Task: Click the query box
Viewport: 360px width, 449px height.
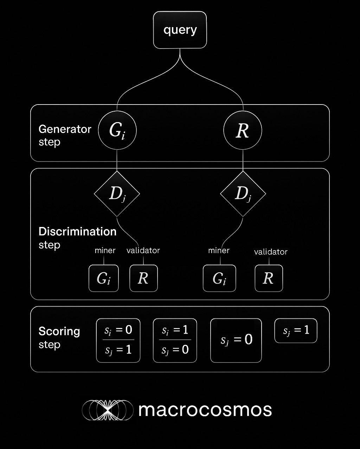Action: [x=180, y=30]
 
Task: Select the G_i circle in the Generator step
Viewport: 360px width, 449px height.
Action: [x=117, y=131]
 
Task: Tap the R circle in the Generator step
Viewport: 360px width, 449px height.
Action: [x=243, y=131]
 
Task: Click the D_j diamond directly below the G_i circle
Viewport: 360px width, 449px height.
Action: [x=117, y=194]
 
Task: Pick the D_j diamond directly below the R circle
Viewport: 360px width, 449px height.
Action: [x=243, y=194]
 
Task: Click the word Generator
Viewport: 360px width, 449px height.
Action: [x=65, y=129]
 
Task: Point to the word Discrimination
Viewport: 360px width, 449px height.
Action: [x=77, y=232]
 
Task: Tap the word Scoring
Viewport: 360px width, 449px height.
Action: [x=59, y=331]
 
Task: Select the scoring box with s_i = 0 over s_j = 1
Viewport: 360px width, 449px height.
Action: [x=118, y=340]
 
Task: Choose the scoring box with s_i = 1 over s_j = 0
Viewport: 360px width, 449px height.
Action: [x=175, y=340]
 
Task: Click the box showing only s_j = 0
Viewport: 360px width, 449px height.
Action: [x=236, y=340]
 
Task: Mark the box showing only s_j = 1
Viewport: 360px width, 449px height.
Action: [x=296, y=331]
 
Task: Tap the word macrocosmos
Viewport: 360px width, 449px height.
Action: [x=205, y=410]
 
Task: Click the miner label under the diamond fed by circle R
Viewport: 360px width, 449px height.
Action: [x=219, y=251]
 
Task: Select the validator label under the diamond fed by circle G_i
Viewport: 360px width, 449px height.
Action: [x=143, y=251]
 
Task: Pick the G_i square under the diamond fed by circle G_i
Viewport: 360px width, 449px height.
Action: [x=104, y=278]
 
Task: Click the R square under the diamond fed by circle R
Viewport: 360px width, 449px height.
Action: [x=269, y=278]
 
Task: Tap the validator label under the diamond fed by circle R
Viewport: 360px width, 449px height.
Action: [x=271, y=252]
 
